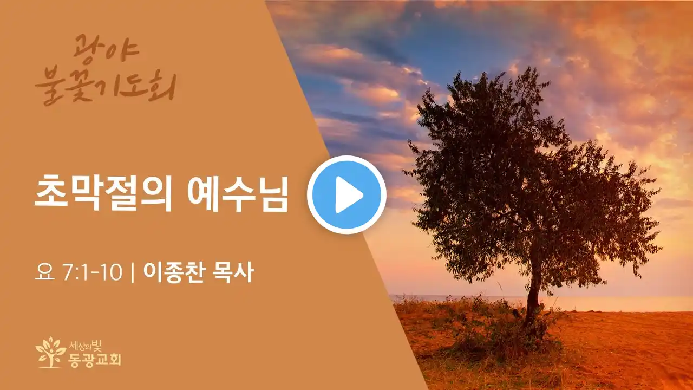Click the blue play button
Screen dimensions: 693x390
(347, 194)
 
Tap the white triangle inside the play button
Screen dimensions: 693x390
(348, 195)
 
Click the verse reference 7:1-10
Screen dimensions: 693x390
(93, 272)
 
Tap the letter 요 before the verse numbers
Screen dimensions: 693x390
(45, 272)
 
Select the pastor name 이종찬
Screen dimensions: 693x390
(174, 272)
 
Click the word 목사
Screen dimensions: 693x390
(233, 272)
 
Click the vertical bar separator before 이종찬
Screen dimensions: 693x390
(133, 272)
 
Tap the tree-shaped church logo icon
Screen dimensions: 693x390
(51, 352)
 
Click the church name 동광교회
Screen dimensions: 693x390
(95, 359)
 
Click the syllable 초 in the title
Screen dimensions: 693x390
(51, 192)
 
